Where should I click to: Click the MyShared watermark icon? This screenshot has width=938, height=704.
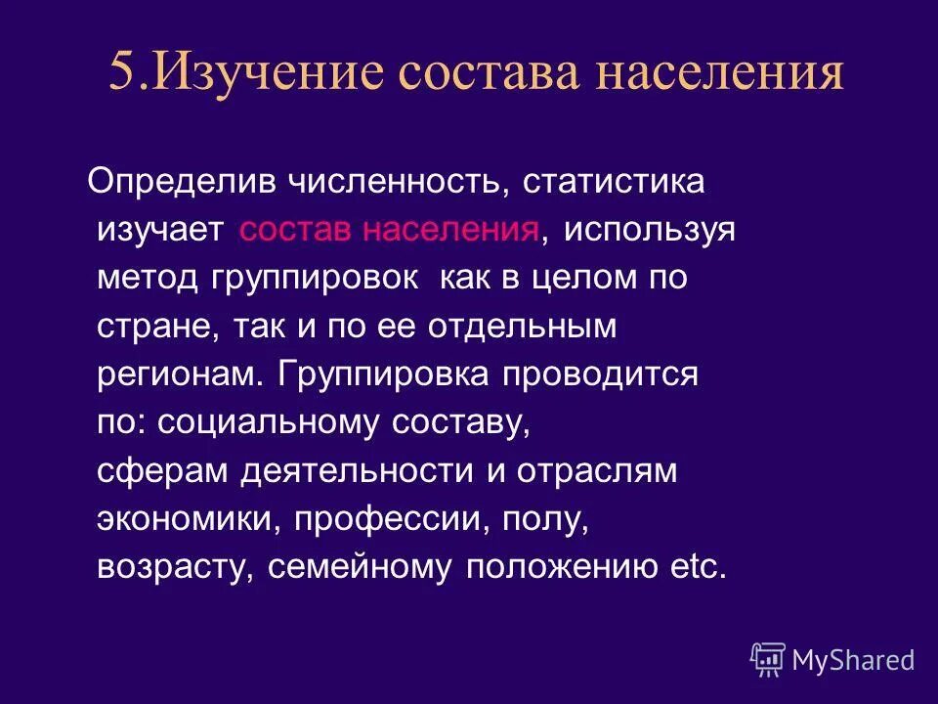coord(768,659)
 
